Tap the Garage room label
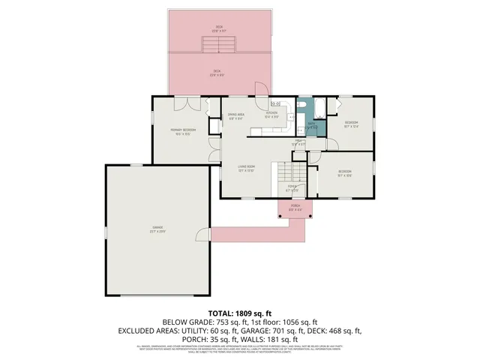[x=158, y=229]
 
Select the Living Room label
[x=246, y=168]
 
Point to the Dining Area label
[x=235, y=116]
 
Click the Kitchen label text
[x=271, y=114]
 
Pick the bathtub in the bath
[x=315, y=110]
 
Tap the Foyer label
[x=291, y=187]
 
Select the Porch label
[x=295, y=208]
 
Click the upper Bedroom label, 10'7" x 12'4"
[x=351, y=124]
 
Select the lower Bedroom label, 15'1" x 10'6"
[x=344, y=173]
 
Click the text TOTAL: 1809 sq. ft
[x=239, y=313]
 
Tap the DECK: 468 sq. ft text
[x=334, y=330]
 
